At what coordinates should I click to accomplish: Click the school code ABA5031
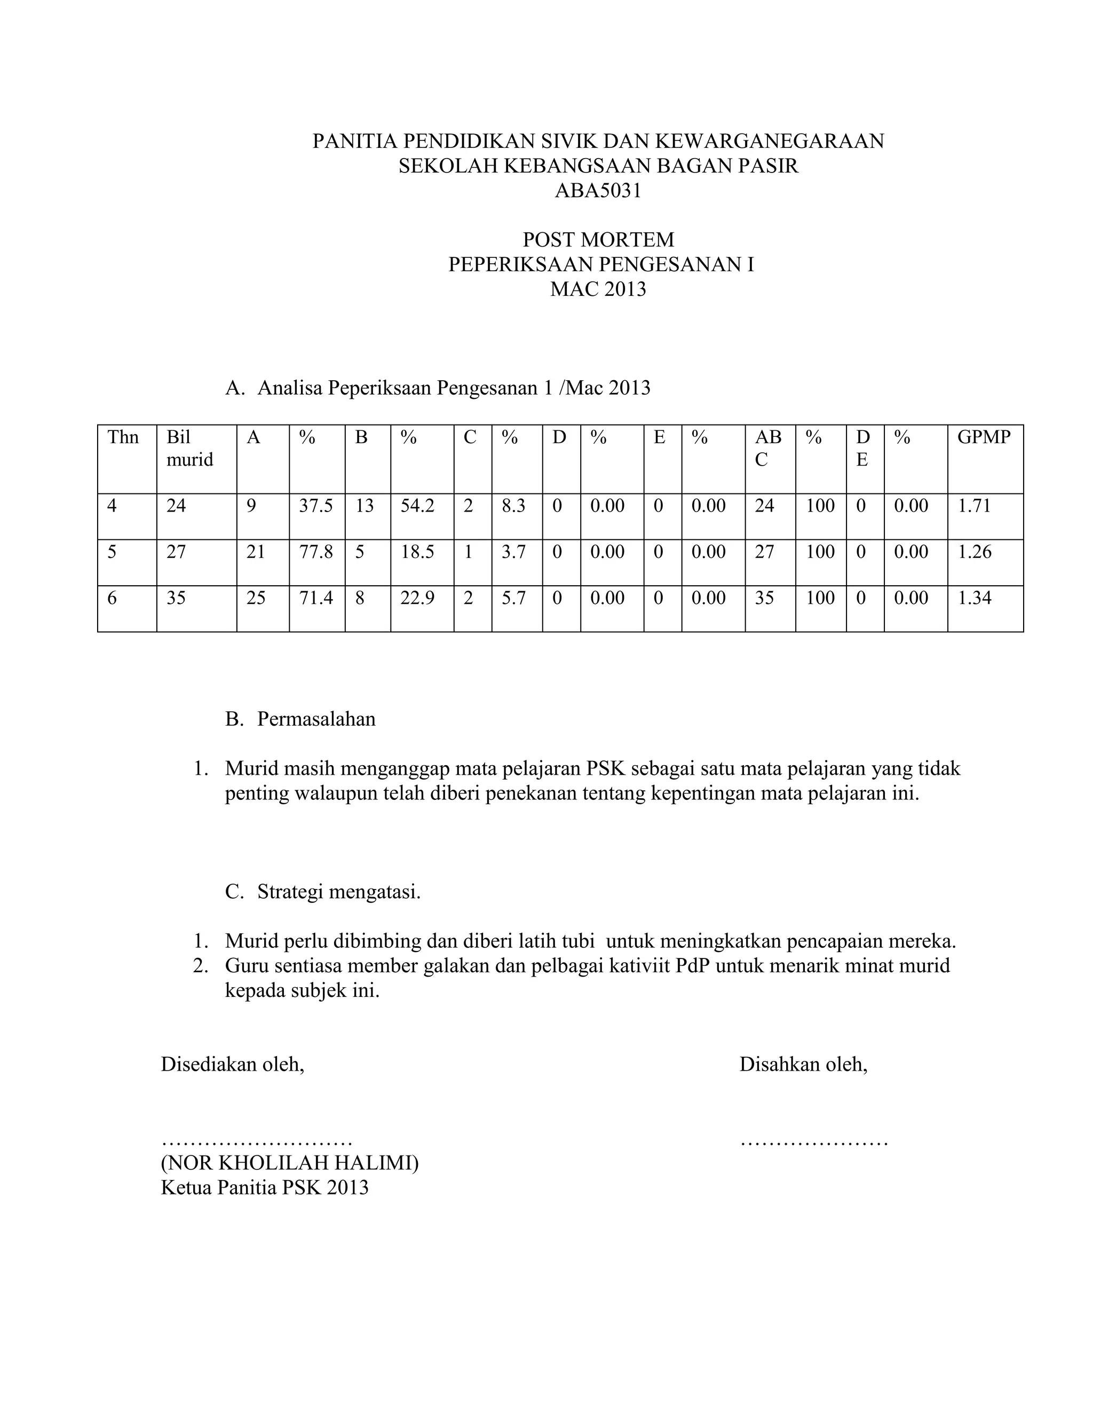coord(598,191)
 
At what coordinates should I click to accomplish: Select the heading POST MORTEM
coord(598,240)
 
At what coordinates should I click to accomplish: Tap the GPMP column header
coord(984,437)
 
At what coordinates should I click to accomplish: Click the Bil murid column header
coord(189,449)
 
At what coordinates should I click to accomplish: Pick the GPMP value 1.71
coord(975,506)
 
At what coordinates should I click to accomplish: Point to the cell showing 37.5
coord(315,506)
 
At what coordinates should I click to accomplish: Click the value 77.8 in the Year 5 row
coord(315,552)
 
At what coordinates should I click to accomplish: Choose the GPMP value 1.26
coord(975,552)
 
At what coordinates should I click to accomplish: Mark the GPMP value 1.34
coord(975,598)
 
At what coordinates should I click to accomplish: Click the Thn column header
coord(123,437)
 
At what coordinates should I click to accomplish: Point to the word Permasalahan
coord(316,719)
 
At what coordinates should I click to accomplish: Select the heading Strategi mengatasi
coord(339,892)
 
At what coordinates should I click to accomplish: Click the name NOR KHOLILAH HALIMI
coord(289,1163)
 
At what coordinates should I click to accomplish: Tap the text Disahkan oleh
coord(803,1065)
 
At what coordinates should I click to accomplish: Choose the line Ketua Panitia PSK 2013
coord(264,1188)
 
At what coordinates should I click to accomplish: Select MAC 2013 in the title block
coord(598,289)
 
